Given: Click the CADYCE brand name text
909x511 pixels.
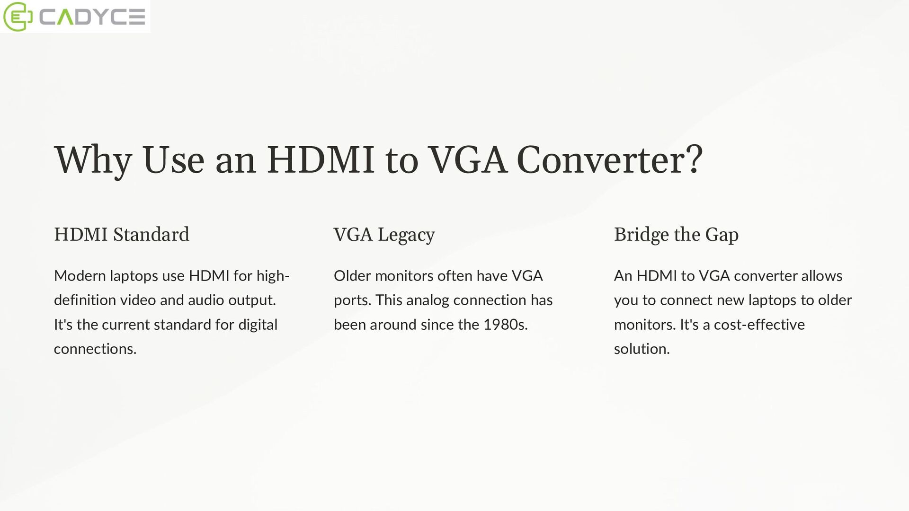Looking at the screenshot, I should point(92,17).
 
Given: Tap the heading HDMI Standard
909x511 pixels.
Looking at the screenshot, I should point(122,235).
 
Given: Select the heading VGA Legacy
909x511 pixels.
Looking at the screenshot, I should point(384,235).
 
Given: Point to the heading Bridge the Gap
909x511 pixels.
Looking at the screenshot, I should point(676,235).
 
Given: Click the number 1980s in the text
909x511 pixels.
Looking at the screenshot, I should point(505,325).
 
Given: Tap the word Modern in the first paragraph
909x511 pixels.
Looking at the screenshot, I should point(80,276).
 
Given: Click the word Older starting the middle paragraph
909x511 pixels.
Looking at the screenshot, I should point(352,276).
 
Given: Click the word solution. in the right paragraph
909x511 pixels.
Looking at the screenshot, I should point(642,349).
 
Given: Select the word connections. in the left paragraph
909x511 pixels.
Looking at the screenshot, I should point(95,349).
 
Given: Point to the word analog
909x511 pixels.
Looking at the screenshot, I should point(428,300).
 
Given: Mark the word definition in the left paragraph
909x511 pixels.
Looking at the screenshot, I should point(85,300).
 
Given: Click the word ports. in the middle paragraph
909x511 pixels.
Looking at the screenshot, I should point(352,300).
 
